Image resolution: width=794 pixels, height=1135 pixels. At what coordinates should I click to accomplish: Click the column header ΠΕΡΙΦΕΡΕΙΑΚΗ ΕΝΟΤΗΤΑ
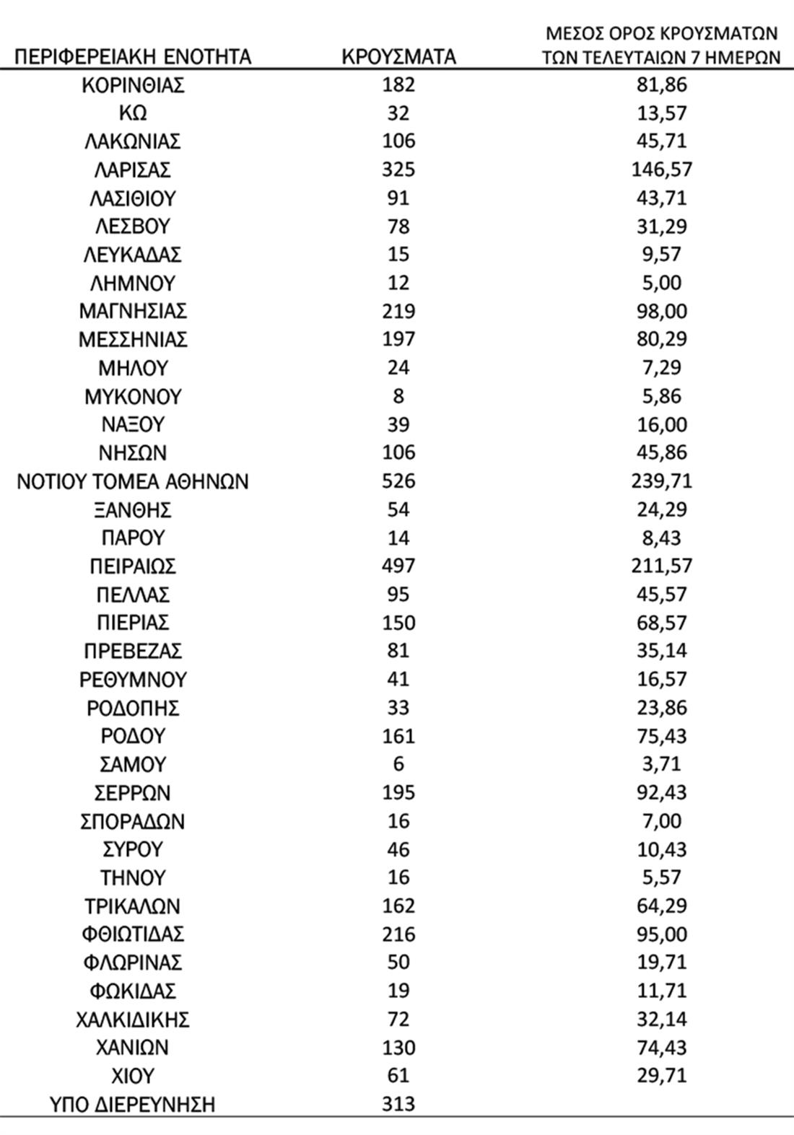[133, 56]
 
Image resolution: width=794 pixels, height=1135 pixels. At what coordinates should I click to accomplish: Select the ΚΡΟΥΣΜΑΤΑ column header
[398, 56]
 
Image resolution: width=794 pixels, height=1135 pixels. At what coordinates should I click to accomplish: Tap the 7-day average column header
[661, 45]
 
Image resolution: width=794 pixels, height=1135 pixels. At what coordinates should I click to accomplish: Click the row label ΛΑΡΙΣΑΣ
[133, 170]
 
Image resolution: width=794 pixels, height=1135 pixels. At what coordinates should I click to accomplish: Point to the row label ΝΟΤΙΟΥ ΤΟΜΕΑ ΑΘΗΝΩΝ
[133, 481]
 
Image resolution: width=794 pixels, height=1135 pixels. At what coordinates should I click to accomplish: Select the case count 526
[398, 481]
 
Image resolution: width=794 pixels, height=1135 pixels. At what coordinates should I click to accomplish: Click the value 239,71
[661, 481]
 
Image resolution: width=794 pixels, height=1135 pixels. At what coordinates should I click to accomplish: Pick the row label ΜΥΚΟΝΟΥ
[133, 397]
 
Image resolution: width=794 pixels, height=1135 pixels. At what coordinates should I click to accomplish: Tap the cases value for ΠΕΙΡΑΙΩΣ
[398, 566]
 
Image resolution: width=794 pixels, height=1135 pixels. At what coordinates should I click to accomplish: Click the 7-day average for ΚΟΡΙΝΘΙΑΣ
[661, 85]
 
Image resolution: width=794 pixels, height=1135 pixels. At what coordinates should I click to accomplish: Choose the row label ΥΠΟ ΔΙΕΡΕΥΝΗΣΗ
[133, 1104]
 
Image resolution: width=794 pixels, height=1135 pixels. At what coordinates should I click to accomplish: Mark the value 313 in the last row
[398, 1104]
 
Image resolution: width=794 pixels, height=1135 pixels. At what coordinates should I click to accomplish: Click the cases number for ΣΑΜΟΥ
[398, 764]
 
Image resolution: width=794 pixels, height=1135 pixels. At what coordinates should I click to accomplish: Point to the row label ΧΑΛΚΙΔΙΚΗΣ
[133, 1020]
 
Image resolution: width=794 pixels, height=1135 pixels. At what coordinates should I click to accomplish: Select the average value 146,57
[661, 170]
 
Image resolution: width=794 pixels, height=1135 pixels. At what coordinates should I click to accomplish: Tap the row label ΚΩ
[133, 113]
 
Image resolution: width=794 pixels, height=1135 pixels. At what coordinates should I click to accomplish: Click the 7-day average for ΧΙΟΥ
[661, 1076]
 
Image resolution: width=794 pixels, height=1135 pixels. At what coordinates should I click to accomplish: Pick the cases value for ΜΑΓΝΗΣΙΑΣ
[398, 312]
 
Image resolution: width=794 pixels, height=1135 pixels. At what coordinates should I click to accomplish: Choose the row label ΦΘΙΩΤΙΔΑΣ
[133, 934]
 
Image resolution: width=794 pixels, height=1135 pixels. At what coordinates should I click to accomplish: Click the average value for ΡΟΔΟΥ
[661, 736]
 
